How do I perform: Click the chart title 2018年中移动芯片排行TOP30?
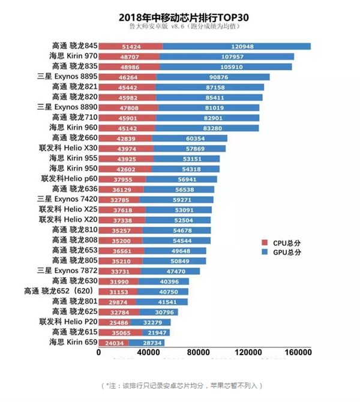[180, 16]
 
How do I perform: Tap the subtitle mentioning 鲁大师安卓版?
[180, 27]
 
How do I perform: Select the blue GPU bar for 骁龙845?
[236, 46]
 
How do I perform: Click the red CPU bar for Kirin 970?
[130, 56]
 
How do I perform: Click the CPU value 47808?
[129, 107]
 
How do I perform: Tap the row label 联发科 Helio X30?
[67, 148]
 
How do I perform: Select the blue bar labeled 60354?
[190, 138]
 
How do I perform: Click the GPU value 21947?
[155, 332]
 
